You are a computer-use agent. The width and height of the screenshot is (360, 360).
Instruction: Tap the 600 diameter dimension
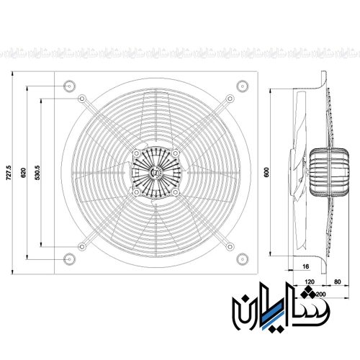(266, 171)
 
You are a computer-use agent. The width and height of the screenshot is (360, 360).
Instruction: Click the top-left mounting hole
(68, 85)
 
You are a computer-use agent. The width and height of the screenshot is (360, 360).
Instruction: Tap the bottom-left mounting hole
(68, 258)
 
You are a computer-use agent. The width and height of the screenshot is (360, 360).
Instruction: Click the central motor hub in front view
(155, 171)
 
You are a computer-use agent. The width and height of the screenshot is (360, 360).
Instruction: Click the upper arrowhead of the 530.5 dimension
(42, 100)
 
